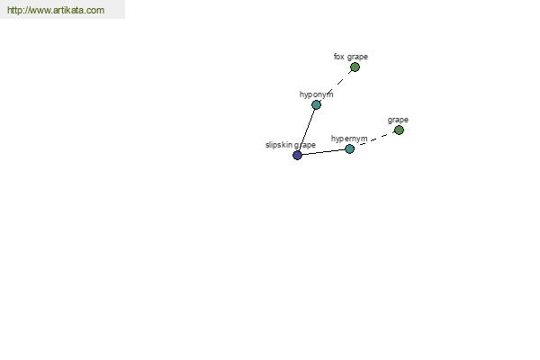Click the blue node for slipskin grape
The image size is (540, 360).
[297, 155]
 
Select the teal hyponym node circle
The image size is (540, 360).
[316, 104]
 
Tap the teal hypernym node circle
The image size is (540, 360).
[349, 148]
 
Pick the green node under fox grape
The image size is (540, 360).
[355, 67]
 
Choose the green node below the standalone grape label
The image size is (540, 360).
[399, 130]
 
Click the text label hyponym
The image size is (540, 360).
[316, 94]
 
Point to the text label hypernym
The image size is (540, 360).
[349, 139]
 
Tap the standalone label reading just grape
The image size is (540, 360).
[398, 120]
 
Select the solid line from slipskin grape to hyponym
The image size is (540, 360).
[307, 130]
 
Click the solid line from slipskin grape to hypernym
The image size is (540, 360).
[323, 152]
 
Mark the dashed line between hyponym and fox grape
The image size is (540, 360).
[336, 86]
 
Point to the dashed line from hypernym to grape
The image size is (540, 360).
[374, 139]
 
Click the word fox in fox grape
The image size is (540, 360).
[339, 57]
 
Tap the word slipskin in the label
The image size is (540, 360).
[279, 145]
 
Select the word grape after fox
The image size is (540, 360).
[357, 57]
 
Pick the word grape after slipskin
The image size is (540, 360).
[305, 145]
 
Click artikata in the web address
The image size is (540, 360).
[68, 10]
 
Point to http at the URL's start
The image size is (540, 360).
[14, 10]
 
